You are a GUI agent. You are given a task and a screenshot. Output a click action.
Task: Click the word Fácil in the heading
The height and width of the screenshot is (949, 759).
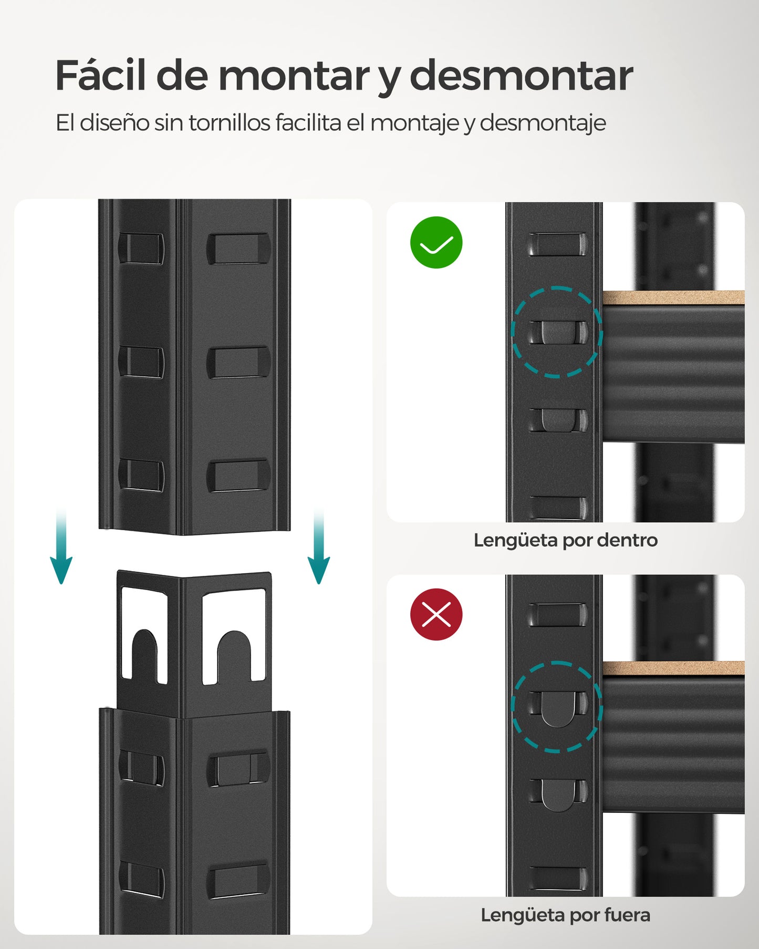pyautogui.click(x=100, y=76)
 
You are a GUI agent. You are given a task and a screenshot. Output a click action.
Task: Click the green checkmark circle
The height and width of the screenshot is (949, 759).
pyautogui.click(x=436, y=243)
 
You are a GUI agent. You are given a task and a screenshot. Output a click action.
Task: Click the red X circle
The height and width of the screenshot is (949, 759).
pyautogui.click(x=436, y=614)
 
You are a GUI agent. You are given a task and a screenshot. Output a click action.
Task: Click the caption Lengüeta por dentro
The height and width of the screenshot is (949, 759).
pyautogui.click(x=565, y=540)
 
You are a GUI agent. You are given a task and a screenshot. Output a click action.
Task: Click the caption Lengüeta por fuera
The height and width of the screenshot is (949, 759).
pyautogui.click(x=565, y=915)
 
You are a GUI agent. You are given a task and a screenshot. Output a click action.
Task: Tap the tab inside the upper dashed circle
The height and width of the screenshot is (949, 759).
pyautogui.click(x=557, y=333)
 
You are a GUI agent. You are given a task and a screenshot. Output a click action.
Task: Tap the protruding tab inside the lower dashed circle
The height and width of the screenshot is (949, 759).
pyautogui.click(x=557, y=709)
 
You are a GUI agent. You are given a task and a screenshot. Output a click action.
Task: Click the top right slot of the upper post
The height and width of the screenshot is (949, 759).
pyautogui.click(x=238, y=249)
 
